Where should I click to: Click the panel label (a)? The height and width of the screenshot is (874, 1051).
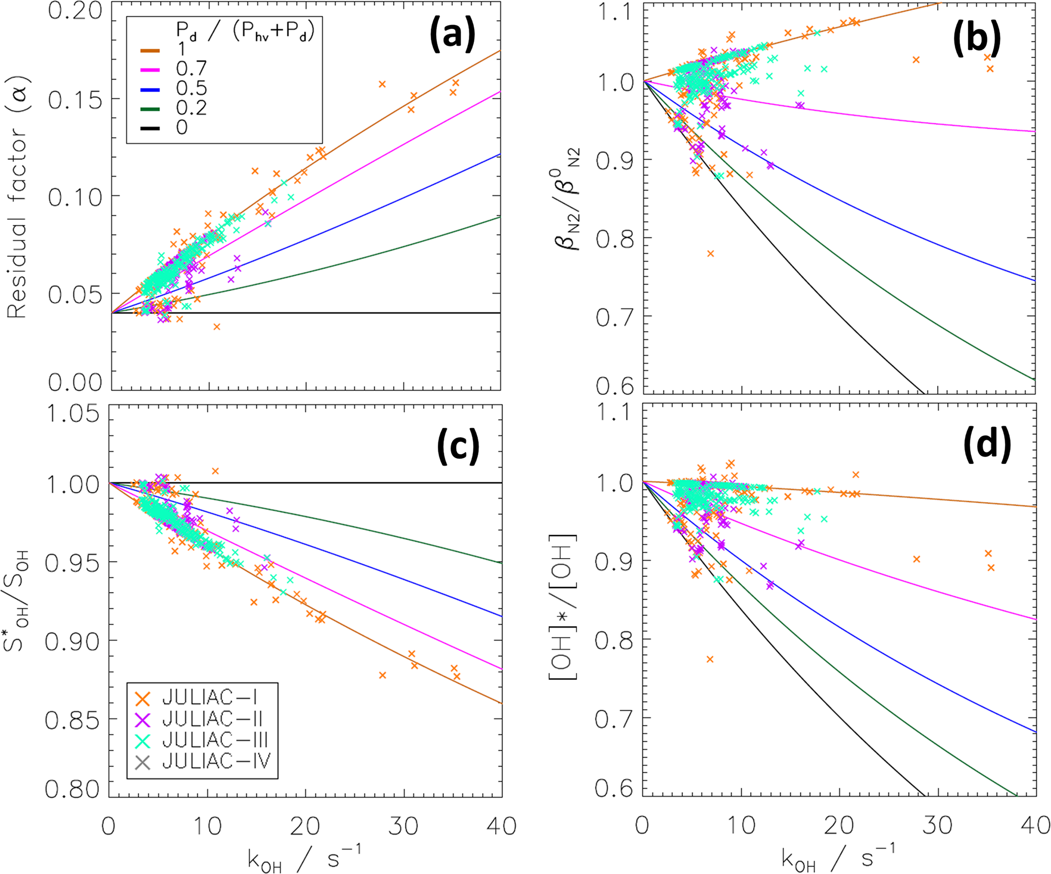[453, 35]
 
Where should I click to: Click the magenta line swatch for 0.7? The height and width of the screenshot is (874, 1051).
[150, 69]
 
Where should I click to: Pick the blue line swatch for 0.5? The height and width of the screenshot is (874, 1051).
[150, 89]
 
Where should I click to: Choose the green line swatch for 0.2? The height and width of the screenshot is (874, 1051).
[150, 108]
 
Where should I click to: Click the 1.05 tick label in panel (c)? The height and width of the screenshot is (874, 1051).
[72, 414]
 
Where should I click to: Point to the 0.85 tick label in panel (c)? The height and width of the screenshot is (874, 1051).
[72, 720]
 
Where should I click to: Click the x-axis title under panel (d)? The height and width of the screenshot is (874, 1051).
[838, 857]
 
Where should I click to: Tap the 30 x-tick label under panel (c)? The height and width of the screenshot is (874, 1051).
[403, 825]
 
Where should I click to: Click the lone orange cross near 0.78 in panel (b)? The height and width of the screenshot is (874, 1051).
[710, 253]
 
